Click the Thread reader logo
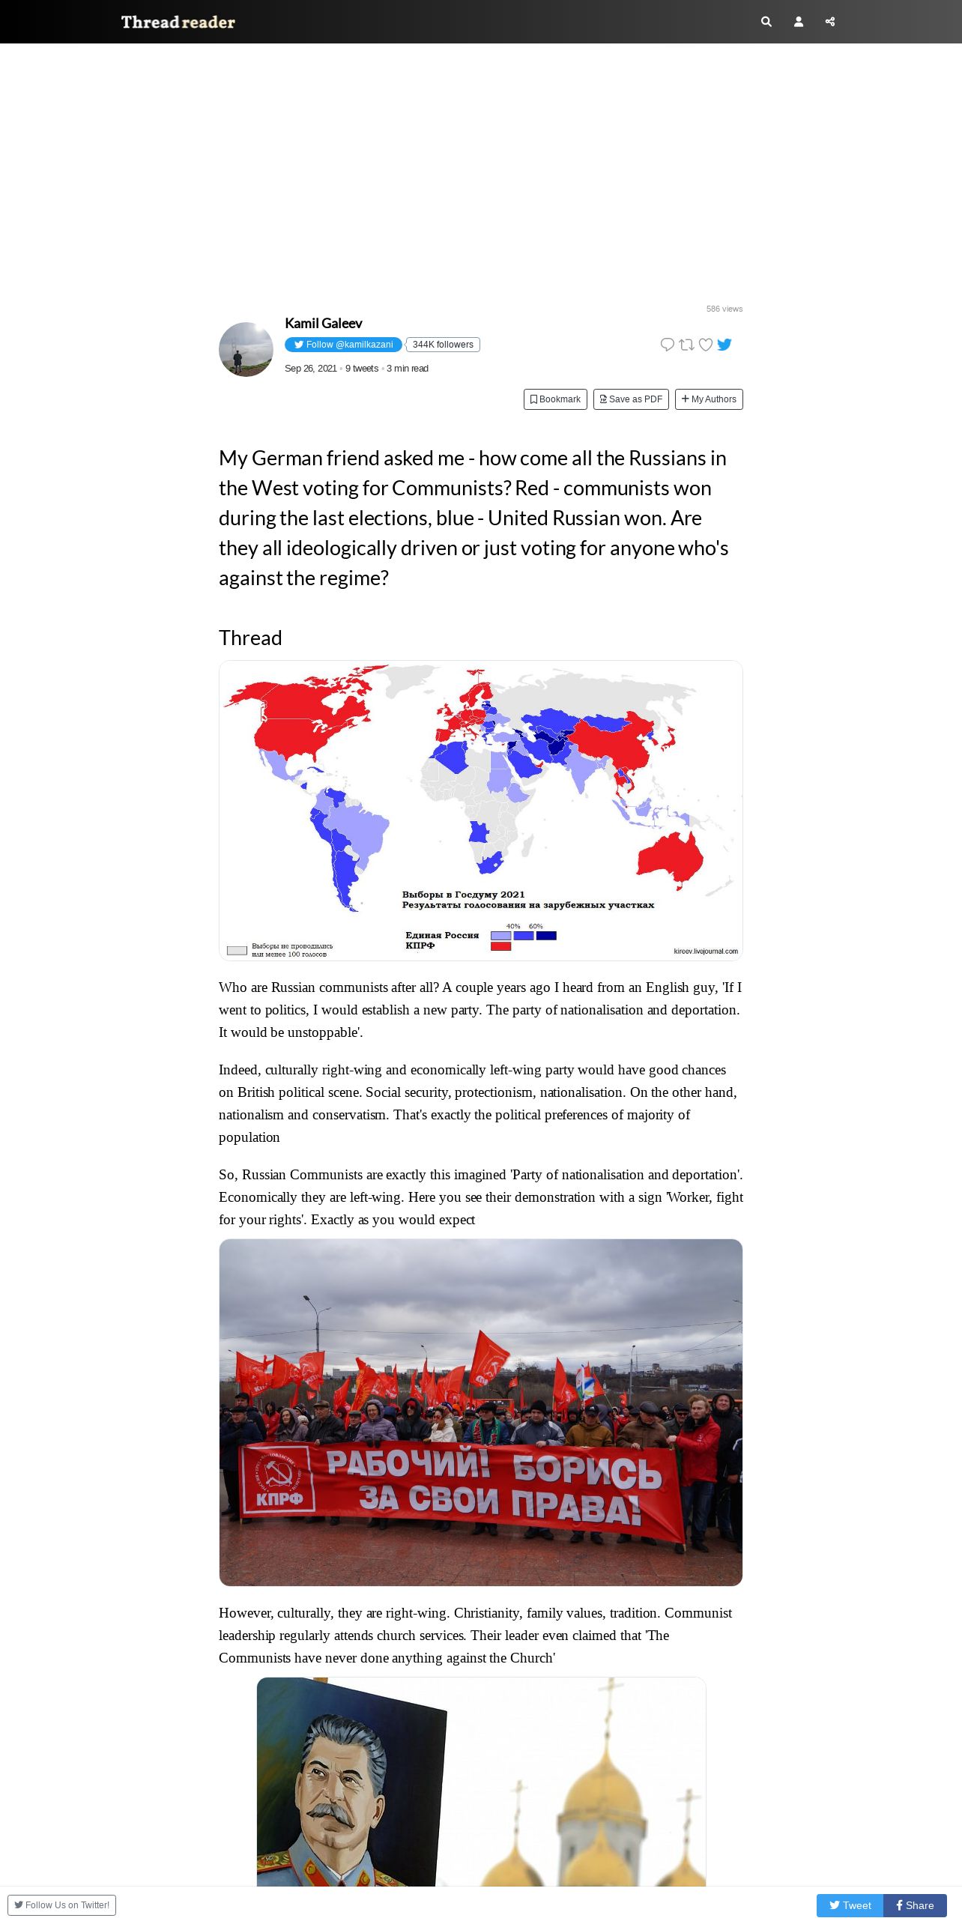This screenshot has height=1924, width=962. [178, 22]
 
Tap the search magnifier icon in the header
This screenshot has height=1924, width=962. [766, 22]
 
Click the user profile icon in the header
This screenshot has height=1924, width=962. [799, 22]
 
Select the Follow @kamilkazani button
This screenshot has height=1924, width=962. [343, 345]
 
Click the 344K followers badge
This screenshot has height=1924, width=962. [443, 345]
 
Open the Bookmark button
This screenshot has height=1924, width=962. [555, 399]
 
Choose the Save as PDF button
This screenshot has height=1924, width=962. [631, 399]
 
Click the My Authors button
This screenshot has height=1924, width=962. [709, 399]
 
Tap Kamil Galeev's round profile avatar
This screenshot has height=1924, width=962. [246, 350]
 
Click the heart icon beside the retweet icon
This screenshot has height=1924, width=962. [705, 345]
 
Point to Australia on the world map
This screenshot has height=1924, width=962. [671, 858]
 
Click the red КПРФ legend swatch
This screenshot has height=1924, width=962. [500, 946]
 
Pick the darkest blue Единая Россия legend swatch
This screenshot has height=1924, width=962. [546, 936]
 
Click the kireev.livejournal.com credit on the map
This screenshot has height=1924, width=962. [705, 952]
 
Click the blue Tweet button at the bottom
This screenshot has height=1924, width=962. [850, 1905]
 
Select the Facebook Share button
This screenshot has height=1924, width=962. [915, 1905]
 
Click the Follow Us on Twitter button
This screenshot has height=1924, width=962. [61, 1905]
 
